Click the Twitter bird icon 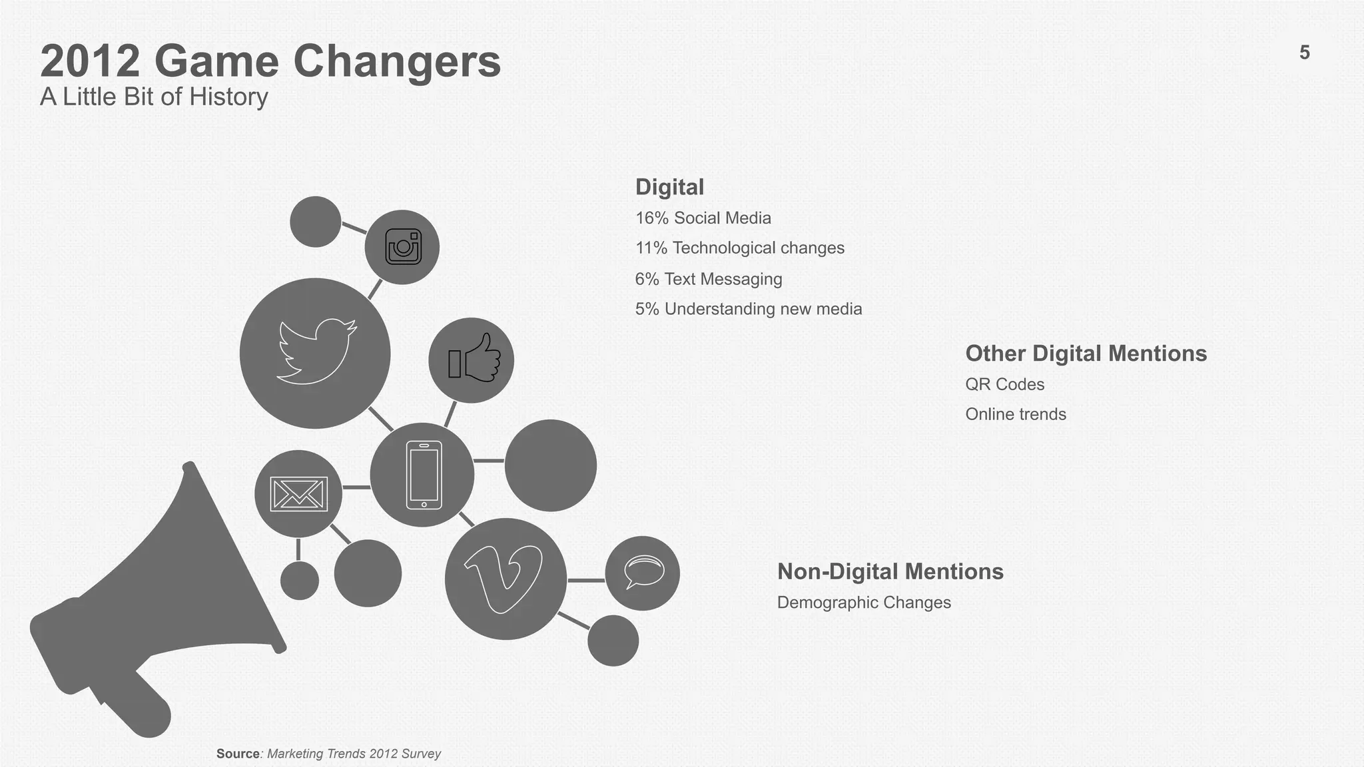pos(316,352)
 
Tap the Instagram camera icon pos(403,247)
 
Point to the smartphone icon pos(424,475)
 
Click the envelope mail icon pos(298,494)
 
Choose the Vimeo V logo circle pos(505,578)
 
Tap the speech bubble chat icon pos(643,573)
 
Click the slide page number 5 pos(1304,53)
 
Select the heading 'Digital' pos(669,187)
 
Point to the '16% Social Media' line pos(703,218)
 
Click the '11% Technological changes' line pos(739,248)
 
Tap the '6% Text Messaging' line pos(708,279)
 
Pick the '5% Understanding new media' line pos(748,309)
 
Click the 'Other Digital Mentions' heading pos(1086,354)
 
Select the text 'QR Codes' pos(1004,384)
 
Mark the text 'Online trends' pos(1016,414)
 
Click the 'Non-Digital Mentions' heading pos(890,572)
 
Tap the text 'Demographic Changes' pos(864,603)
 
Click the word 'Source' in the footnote pos(238,754)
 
